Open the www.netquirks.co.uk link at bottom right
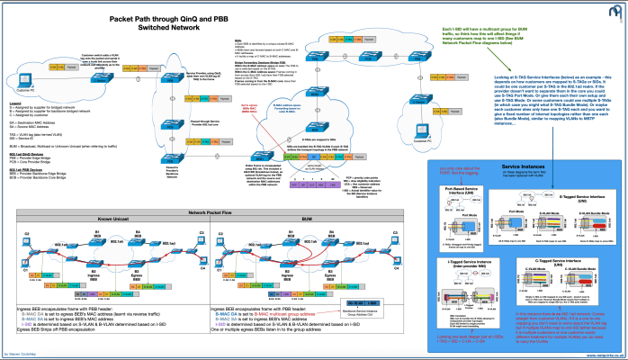pyautogui.click(x=602, y=355)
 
